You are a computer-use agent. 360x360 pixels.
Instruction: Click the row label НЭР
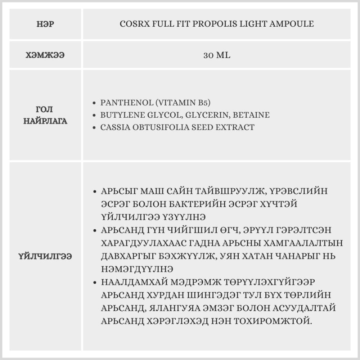(x=45, y=24)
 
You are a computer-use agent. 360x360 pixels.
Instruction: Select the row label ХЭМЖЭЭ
(x=45, y=55)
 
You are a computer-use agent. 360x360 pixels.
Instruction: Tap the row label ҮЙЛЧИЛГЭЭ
(x=45, y=256)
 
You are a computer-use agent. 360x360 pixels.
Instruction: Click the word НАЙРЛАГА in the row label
(x=45, y=121)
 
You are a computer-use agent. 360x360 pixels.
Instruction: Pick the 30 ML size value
(x=217, y=55)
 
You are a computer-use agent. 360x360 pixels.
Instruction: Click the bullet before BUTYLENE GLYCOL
(x=94, y=116)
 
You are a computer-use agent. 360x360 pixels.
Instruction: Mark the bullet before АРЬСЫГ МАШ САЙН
(x=94, y=191)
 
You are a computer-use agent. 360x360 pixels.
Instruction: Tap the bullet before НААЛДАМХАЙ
(x=94, y=281)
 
